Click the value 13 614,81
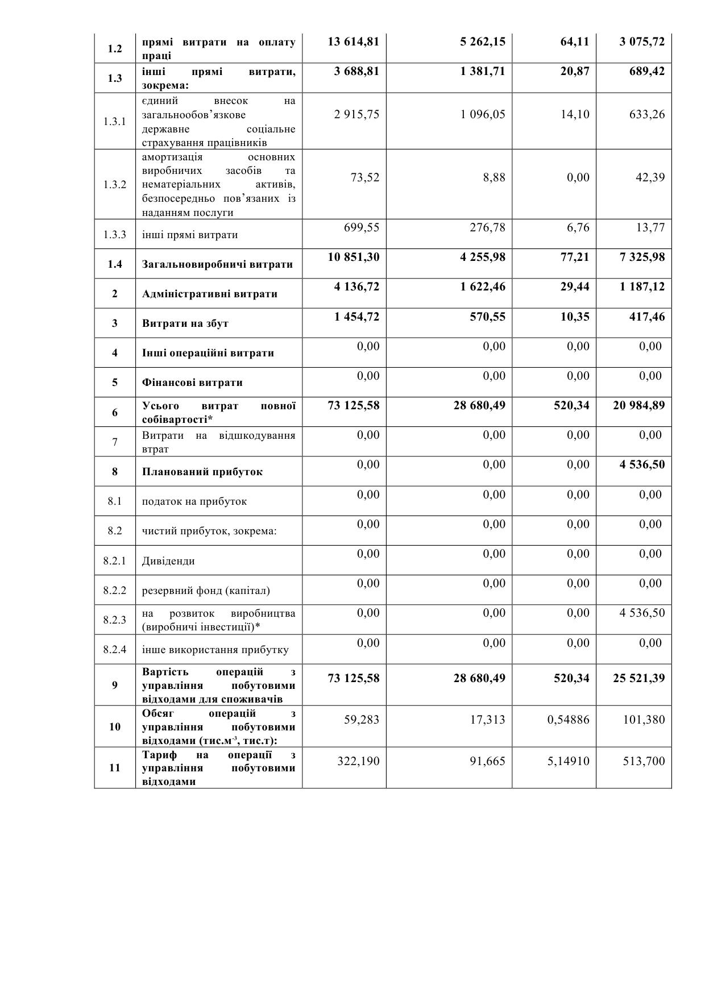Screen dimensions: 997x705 coord(353,41)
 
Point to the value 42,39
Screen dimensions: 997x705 coord(650,177)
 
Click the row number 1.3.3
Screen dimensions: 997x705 coord(115,235)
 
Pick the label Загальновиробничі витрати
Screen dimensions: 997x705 coord(217,264)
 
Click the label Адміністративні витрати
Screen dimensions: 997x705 coord(210,294)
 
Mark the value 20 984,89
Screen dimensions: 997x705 coord(638,405)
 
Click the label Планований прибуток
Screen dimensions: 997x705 coord(202,472)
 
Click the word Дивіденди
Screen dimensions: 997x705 coord(168,561)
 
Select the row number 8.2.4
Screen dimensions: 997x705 coord(115,650)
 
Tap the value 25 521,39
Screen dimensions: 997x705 coord(638,678)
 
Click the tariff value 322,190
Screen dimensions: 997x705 coord(358,761)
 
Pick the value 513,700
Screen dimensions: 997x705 coord(644,761)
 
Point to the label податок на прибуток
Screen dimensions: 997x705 coord(194,501)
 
